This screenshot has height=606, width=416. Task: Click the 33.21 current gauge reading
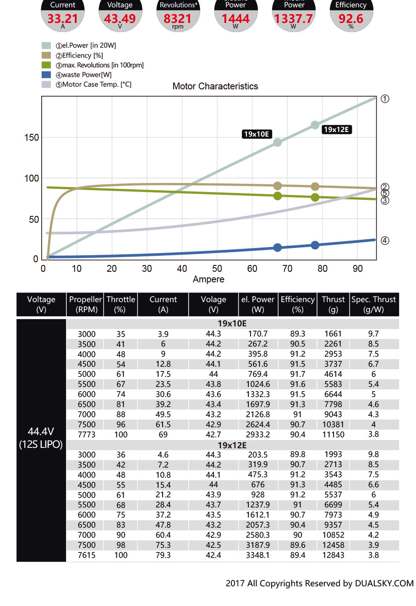(x=63, y=19)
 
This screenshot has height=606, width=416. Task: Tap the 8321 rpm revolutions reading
(x=177, y=19)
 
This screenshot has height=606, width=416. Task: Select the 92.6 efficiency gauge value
(x=350, y=19)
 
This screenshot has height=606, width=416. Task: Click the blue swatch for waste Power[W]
(x=46, y=75)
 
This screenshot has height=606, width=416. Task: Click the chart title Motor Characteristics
(x=215, y=86)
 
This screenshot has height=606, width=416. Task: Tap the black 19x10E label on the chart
(x=257, y=134)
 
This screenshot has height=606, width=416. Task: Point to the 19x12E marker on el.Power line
(x=315, y=125)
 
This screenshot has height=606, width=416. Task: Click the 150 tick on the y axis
(x=32, y=138)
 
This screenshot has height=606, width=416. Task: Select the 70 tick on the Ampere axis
(x=287, y=269)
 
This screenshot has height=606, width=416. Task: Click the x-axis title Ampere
(x=208, y=279)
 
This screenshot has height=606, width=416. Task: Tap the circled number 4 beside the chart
(x=385, y=241)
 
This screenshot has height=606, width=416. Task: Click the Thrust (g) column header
(x=333, y=304)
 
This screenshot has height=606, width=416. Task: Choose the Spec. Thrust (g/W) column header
(x=373, y=304)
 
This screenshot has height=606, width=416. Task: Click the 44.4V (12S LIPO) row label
(x=41, y=438)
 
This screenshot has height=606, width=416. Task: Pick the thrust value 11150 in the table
(x=333, y=435)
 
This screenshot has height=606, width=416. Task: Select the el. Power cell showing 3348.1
(x=257, y=555)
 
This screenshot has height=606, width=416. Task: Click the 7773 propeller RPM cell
(x=87, y=435)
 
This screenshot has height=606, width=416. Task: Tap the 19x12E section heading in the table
(x=232, y=445)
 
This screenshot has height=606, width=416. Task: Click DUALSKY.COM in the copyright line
(x=384, y=583)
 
